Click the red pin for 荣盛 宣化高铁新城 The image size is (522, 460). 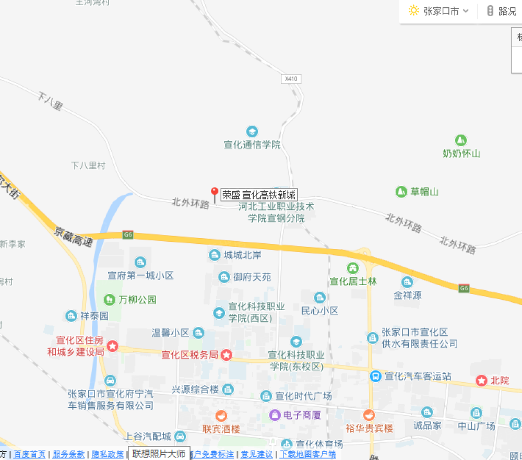click(214, 194)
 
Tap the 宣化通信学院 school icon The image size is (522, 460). click(252, 131)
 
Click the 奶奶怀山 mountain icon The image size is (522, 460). click(460, 140)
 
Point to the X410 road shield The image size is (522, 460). click(291, 79)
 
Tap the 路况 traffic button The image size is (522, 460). click(502, 11)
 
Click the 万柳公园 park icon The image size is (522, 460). click(109, 300)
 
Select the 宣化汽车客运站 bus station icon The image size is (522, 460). click(375, 376)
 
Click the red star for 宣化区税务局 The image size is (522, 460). click(227, 355)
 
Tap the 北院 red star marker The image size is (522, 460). click(481, 381)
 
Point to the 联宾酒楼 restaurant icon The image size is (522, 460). click(221, 416)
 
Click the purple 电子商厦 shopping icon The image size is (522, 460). click(275, 415)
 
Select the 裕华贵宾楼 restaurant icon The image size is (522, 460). click(369, 415)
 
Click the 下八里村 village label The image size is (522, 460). click(88, 166)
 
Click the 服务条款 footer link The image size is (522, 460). click(68, 454)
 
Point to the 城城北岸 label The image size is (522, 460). click(243, 255)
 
